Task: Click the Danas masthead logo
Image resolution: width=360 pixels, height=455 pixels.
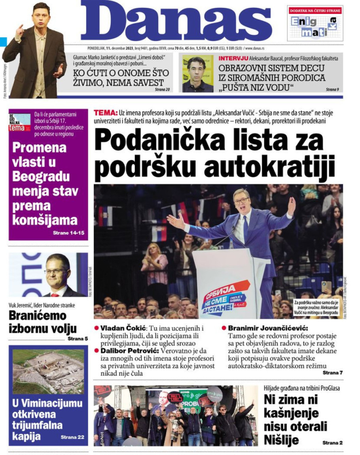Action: point(176,21)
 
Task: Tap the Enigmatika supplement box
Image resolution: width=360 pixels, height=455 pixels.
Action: point(315,24)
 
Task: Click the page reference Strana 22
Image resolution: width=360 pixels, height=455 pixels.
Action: point(72,437)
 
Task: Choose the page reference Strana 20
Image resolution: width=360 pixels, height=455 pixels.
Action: point(162,90)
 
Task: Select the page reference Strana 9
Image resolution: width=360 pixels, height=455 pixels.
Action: point(332,89)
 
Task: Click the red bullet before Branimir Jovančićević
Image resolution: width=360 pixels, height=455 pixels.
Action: point(224,328)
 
